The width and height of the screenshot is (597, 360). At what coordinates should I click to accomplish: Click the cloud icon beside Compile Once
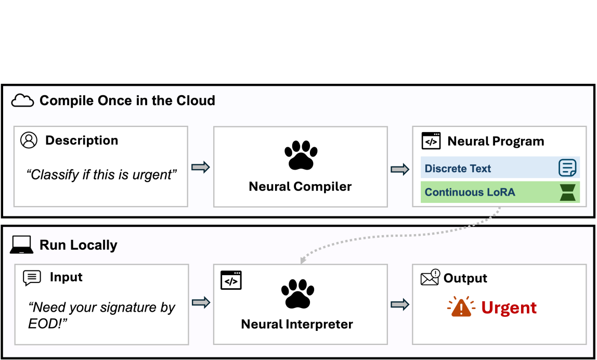click(22, 100)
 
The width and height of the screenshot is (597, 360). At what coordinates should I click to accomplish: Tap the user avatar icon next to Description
click(29, 140)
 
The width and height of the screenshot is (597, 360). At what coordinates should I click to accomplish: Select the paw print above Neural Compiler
click(301, 155)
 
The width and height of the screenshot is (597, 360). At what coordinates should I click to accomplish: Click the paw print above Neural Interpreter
click(298, 294)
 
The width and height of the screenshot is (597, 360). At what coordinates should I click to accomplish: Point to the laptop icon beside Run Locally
click(21, 245)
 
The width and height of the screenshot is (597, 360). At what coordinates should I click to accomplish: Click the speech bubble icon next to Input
click(32, 278)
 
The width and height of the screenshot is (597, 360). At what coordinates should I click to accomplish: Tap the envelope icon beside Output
click(431, 277)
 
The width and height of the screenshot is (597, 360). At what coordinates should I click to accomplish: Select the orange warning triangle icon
click(461, 306)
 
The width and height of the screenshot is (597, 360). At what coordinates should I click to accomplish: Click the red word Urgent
click(509, 307)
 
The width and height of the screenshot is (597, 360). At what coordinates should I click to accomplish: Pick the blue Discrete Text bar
click(500, 168)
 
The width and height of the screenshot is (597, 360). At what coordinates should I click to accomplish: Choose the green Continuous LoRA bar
click(500, 192)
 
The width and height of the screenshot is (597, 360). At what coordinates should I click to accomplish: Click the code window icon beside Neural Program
click(431, 141)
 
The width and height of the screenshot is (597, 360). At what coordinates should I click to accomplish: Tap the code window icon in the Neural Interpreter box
click(231, 280)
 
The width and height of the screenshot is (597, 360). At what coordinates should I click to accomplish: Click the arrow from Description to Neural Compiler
click(201, 167)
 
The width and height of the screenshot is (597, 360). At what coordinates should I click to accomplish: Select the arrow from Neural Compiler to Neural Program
click(400, 169)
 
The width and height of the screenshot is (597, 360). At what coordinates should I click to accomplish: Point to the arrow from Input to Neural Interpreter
click(201, 302)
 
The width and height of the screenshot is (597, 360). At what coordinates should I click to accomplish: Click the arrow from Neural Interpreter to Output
click(400, 304)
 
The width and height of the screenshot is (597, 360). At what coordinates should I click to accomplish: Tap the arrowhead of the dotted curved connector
click(303, 260)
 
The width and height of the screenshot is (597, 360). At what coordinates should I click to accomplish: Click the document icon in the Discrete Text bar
click(567, 168)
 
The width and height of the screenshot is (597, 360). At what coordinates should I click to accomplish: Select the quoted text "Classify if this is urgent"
click(101, 175)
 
